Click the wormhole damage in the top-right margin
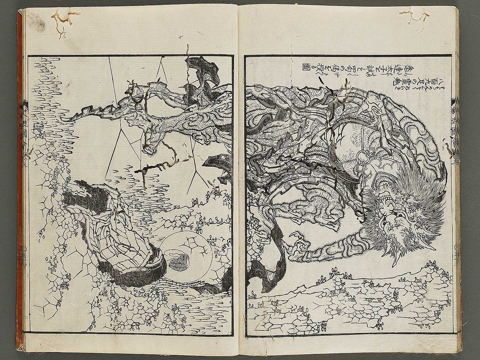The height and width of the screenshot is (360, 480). tap(415, 16)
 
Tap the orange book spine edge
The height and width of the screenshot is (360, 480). tap(20, 178)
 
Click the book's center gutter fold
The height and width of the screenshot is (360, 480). tap(238, 178)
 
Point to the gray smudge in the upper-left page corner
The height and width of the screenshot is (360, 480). tap(37, 22)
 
